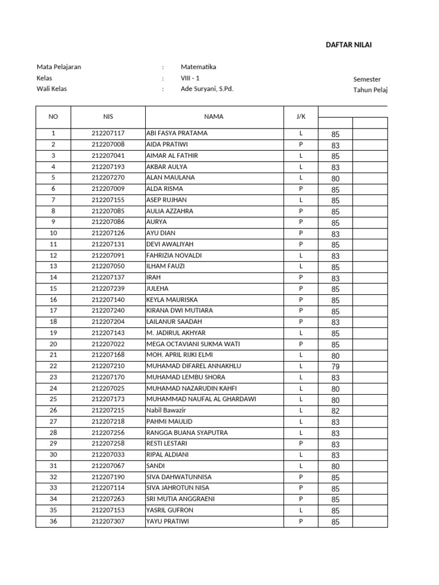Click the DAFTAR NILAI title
point(349,45)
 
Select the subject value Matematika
point(198,67)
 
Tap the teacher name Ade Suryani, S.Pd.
point(207,89)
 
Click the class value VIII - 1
point(190,78)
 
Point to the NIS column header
point(108,117)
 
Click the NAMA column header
point(214,117)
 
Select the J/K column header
point(301,117)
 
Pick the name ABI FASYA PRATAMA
point(177,133)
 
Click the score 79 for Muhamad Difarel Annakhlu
point(335,366)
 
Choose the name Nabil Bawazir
point(166,410)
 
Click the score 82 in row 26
point(335,411)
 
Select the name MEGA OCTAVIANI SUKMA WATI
point(191,344)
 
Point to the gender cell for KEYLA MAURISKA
point(301,299)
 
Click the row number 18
point(53,322)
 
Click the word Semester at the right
point(367,79)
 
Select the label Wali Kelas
point(51,89)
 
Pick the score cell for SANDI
point(335,466)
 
